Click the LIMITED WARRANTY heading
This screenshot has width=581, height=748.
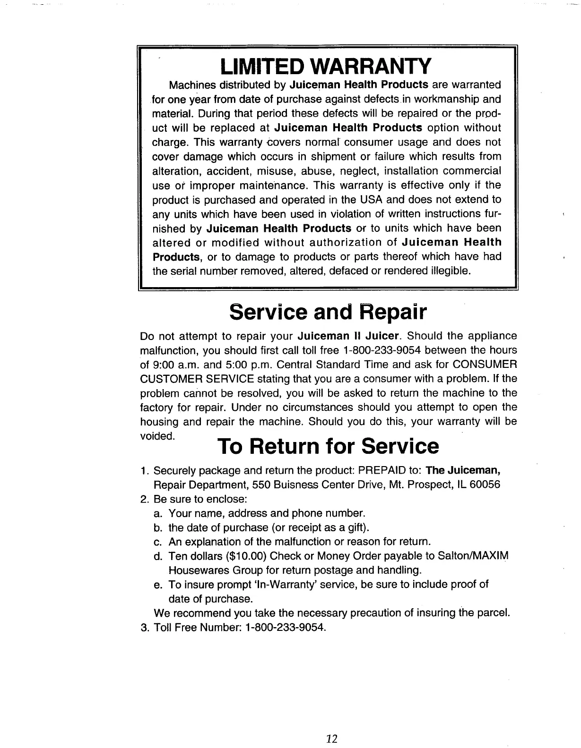[x=326, y=66]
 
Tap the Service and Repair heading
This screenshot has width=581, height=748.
[x=328, y=312]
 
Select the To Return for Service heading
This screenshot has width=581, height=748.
[x=328, y=446]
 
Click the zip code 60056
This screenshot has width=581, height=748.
[x=485, y=485]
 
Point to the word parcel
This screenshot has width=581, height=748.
[x=494, y=613]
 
